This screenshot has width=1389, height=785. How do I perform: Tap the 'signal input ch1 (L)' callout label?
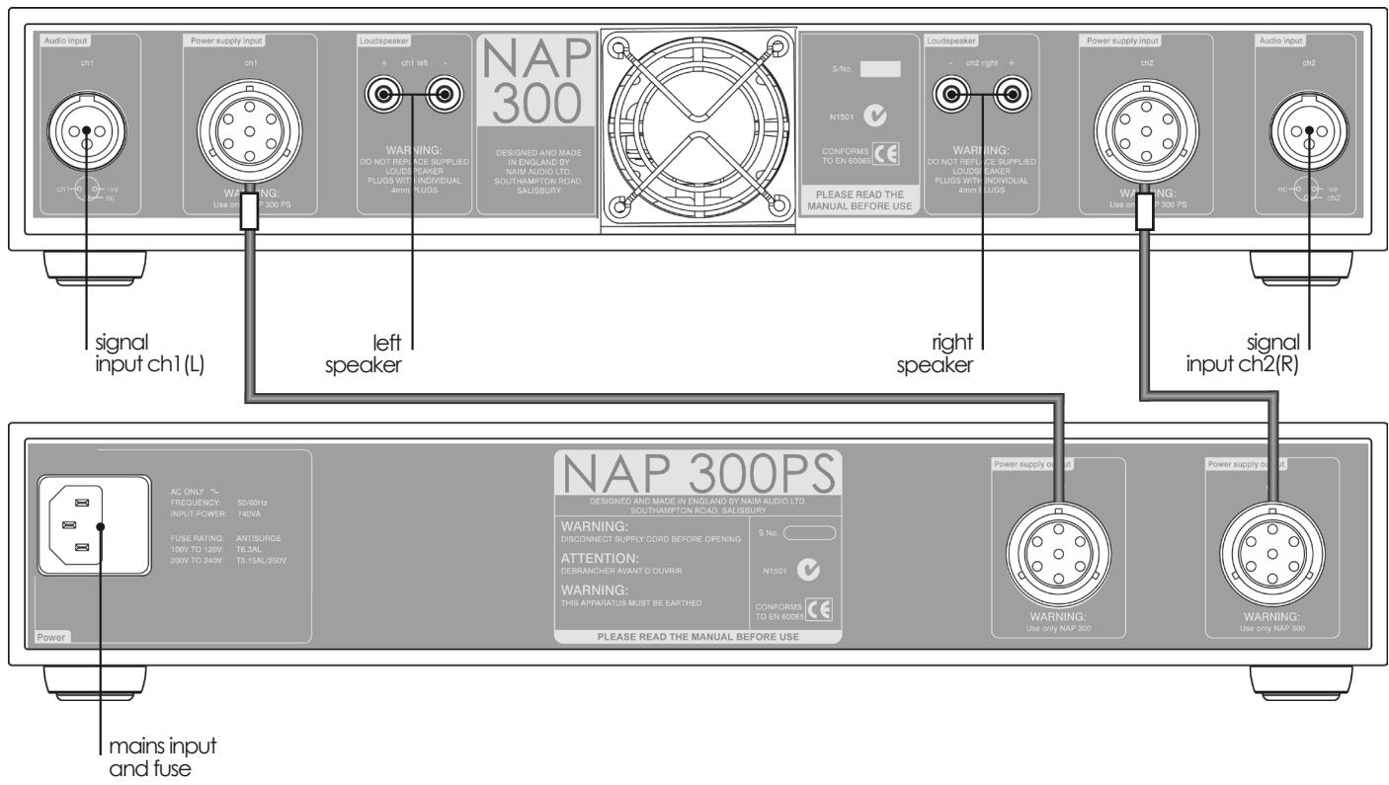pyautogui.click(x=159, y=354)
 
